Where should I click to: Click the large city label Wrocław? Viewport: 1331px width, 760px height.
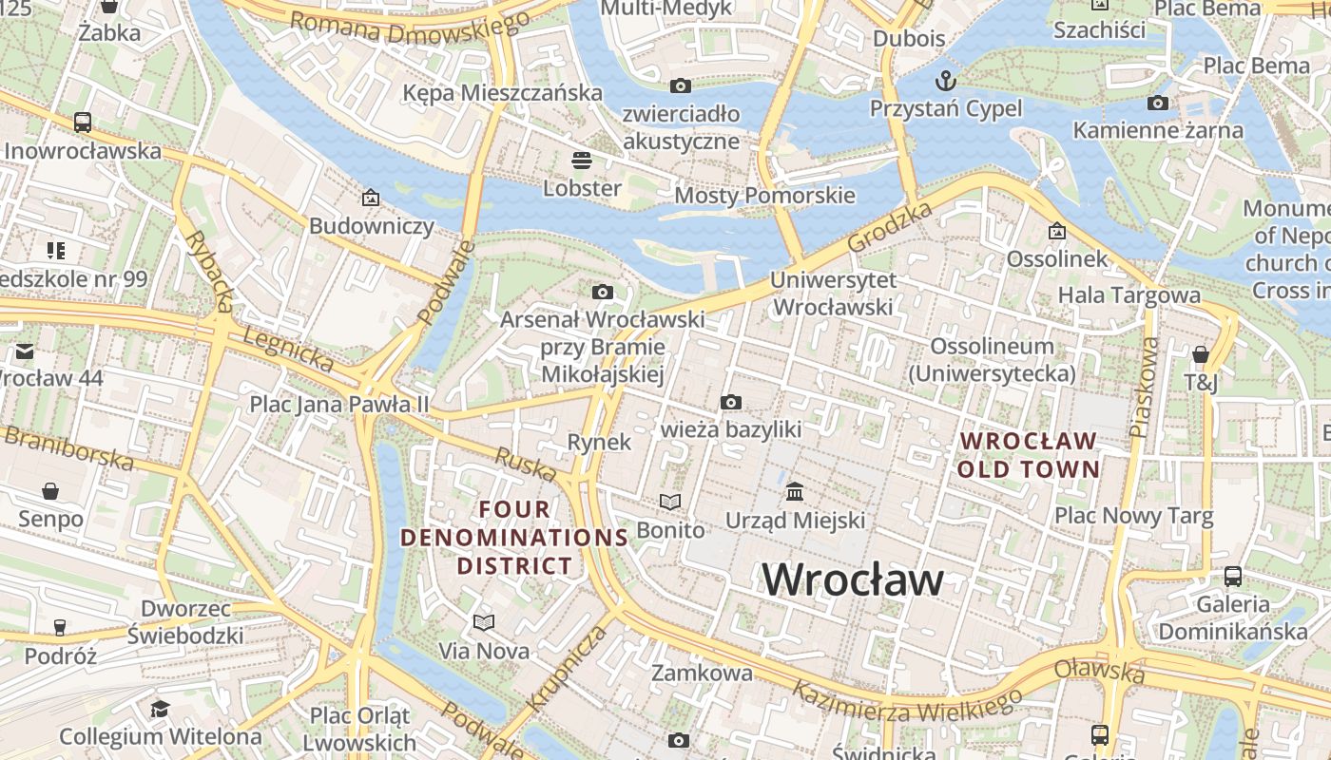853,579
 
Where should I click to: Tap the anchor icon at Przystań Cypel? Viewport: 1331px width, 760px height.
945,79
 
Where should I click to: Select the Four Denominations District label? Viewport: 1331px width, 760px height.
514,538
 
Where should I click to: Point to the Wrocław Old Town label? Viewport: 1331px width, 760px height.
1028,455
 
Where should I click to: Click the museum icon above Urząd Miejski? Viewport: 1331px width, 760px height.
795,491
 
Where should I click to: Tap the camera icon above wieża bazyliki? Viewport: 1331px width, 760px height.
730,402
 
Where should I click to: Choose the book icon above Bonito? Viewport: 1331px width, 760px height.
670,502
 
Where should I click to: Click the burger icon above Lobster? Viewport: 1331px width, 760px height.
582,159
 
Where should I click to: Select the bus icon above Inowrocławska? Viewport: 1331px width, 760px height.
83,122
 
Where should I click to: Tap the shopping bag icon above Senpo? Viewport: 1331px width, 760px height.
50,491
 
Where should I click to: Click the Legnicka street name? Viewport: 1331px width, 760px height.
288,350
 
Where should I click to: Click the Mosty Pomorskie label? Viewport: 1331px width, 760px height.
764,196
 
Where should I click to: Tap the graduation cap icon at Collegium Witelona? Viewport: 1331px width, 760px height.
160,709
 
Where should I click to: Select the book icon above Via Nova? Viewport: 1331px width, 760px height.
484,622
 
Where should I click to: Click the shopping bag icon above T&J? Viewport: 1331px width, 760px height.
1200,354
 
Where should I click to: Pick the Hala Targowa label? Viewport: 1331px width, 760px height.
1128,294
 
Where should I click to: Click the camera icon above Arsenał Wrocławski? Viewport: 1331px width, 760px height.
602,292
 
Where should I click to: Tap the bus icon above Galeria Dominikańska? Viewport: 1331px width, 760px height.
1232,576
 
